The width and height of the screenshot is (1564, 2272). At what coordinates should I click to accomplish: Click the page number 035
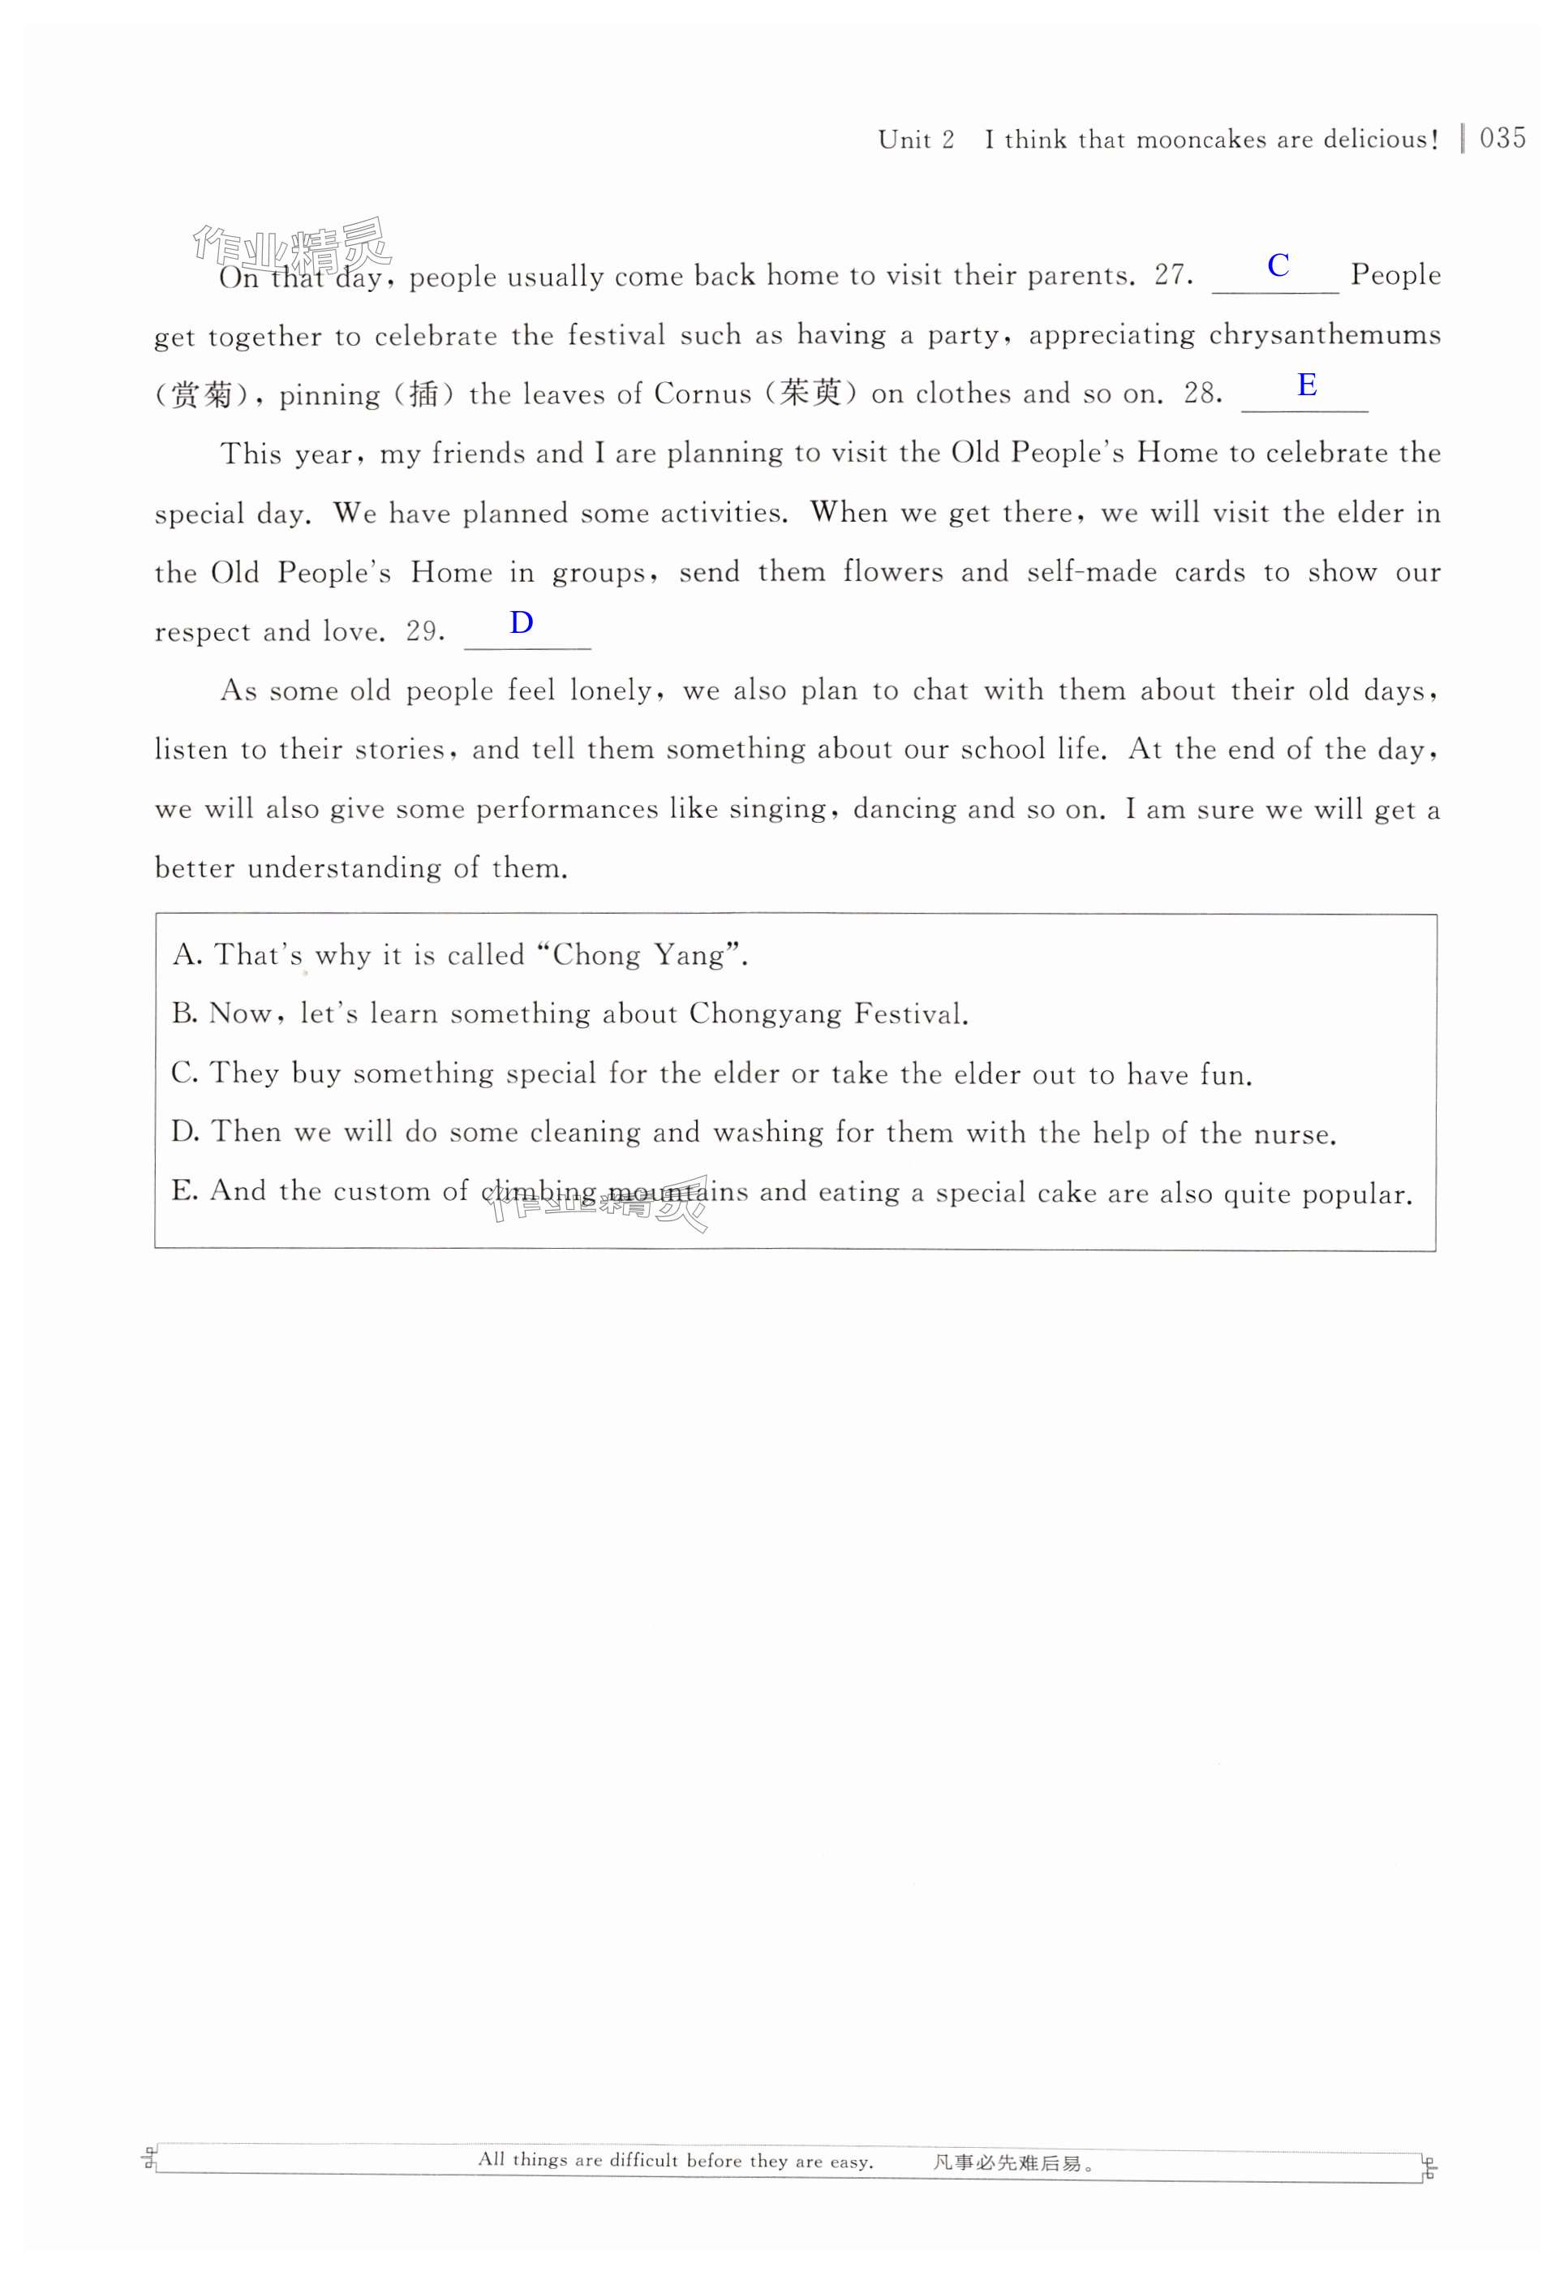(1502, 138)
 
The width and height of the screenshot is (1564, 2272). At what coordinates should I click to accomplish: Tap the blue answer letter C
(1278, 265)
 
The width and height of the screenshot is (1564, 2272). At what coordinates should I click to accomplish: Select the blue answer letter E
(1306, 385)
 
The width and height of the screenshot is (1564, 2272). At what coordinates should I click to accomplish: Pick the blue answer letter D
(522, 622)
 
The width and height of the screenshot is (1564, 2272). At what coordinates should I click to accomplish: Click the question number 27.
(1173, 275)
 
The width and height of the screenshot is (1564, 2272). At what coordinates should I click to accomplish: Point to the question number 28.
(1202, 394)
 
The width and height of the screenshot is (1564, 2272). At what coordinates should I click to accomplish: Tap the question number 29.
(425, 632)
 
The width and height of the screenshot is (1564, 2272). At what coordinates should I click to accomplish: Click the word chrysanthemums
(1324, 335)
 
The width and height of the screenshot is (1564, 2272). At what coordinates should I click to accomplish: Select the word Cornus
(703, 394)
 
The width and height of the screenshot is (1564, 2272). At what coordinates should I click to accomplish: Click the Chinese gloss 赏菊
(202, 396)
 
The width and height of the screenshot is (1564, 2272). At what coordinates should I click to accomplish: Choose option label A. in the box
(187, 955)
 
